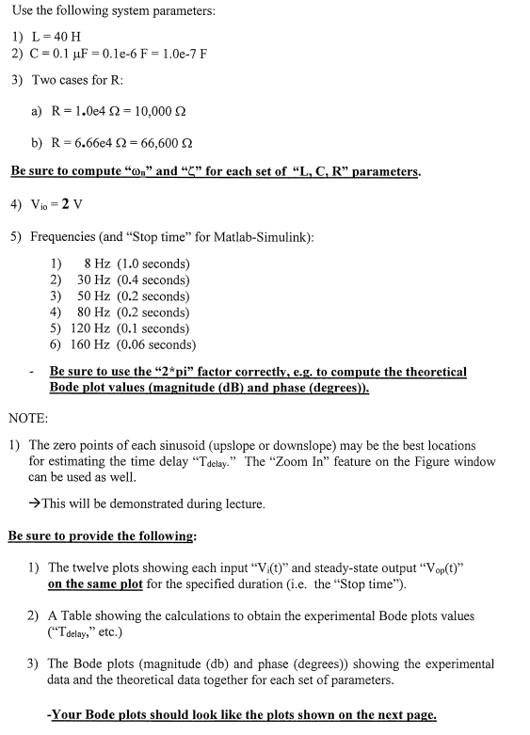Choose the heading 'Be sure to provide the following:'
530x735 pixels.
(x=102, y=535)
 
